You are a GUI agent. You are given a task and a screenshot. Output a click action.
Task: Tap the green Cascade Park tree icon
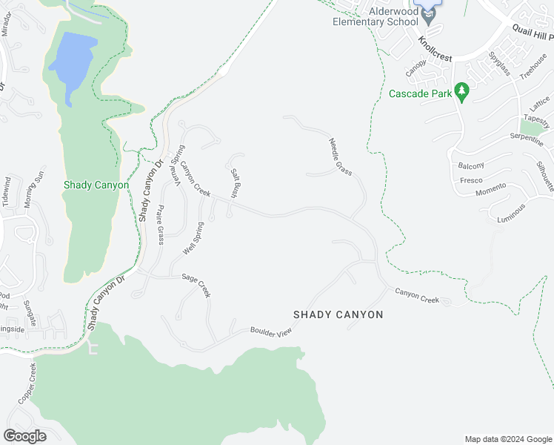point(463,92)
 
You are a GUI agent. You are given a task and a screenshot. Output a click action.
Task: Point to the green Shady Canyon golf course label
point(96,185)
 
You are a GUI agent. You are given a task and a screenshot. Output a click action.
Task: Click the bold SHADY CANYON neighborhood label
point(338,314)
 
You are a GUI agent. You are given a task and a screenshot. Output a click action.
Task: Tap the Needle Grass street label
point(340,156)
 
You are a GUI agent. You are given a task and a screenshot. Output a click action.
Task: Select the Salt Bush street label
point(235,183)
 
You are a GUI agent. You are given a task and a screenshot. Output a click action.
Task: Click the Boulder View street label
point(272,332)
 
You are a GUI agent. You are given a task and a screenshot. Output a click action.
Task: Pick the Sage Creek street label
point(196,285)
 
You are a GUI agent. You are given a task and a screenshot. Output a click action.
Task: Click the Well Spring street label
point(193,238)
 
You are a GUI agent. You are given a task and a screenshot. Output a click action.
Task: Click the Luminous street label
point(512,213)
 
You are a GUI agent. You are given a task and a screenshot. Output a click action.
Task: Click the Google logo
point(24,435)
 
